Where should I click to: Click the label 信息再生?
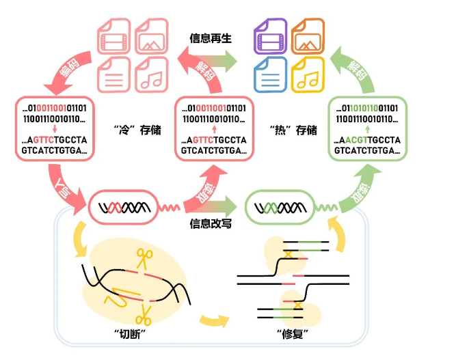(x=211, y=38)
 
